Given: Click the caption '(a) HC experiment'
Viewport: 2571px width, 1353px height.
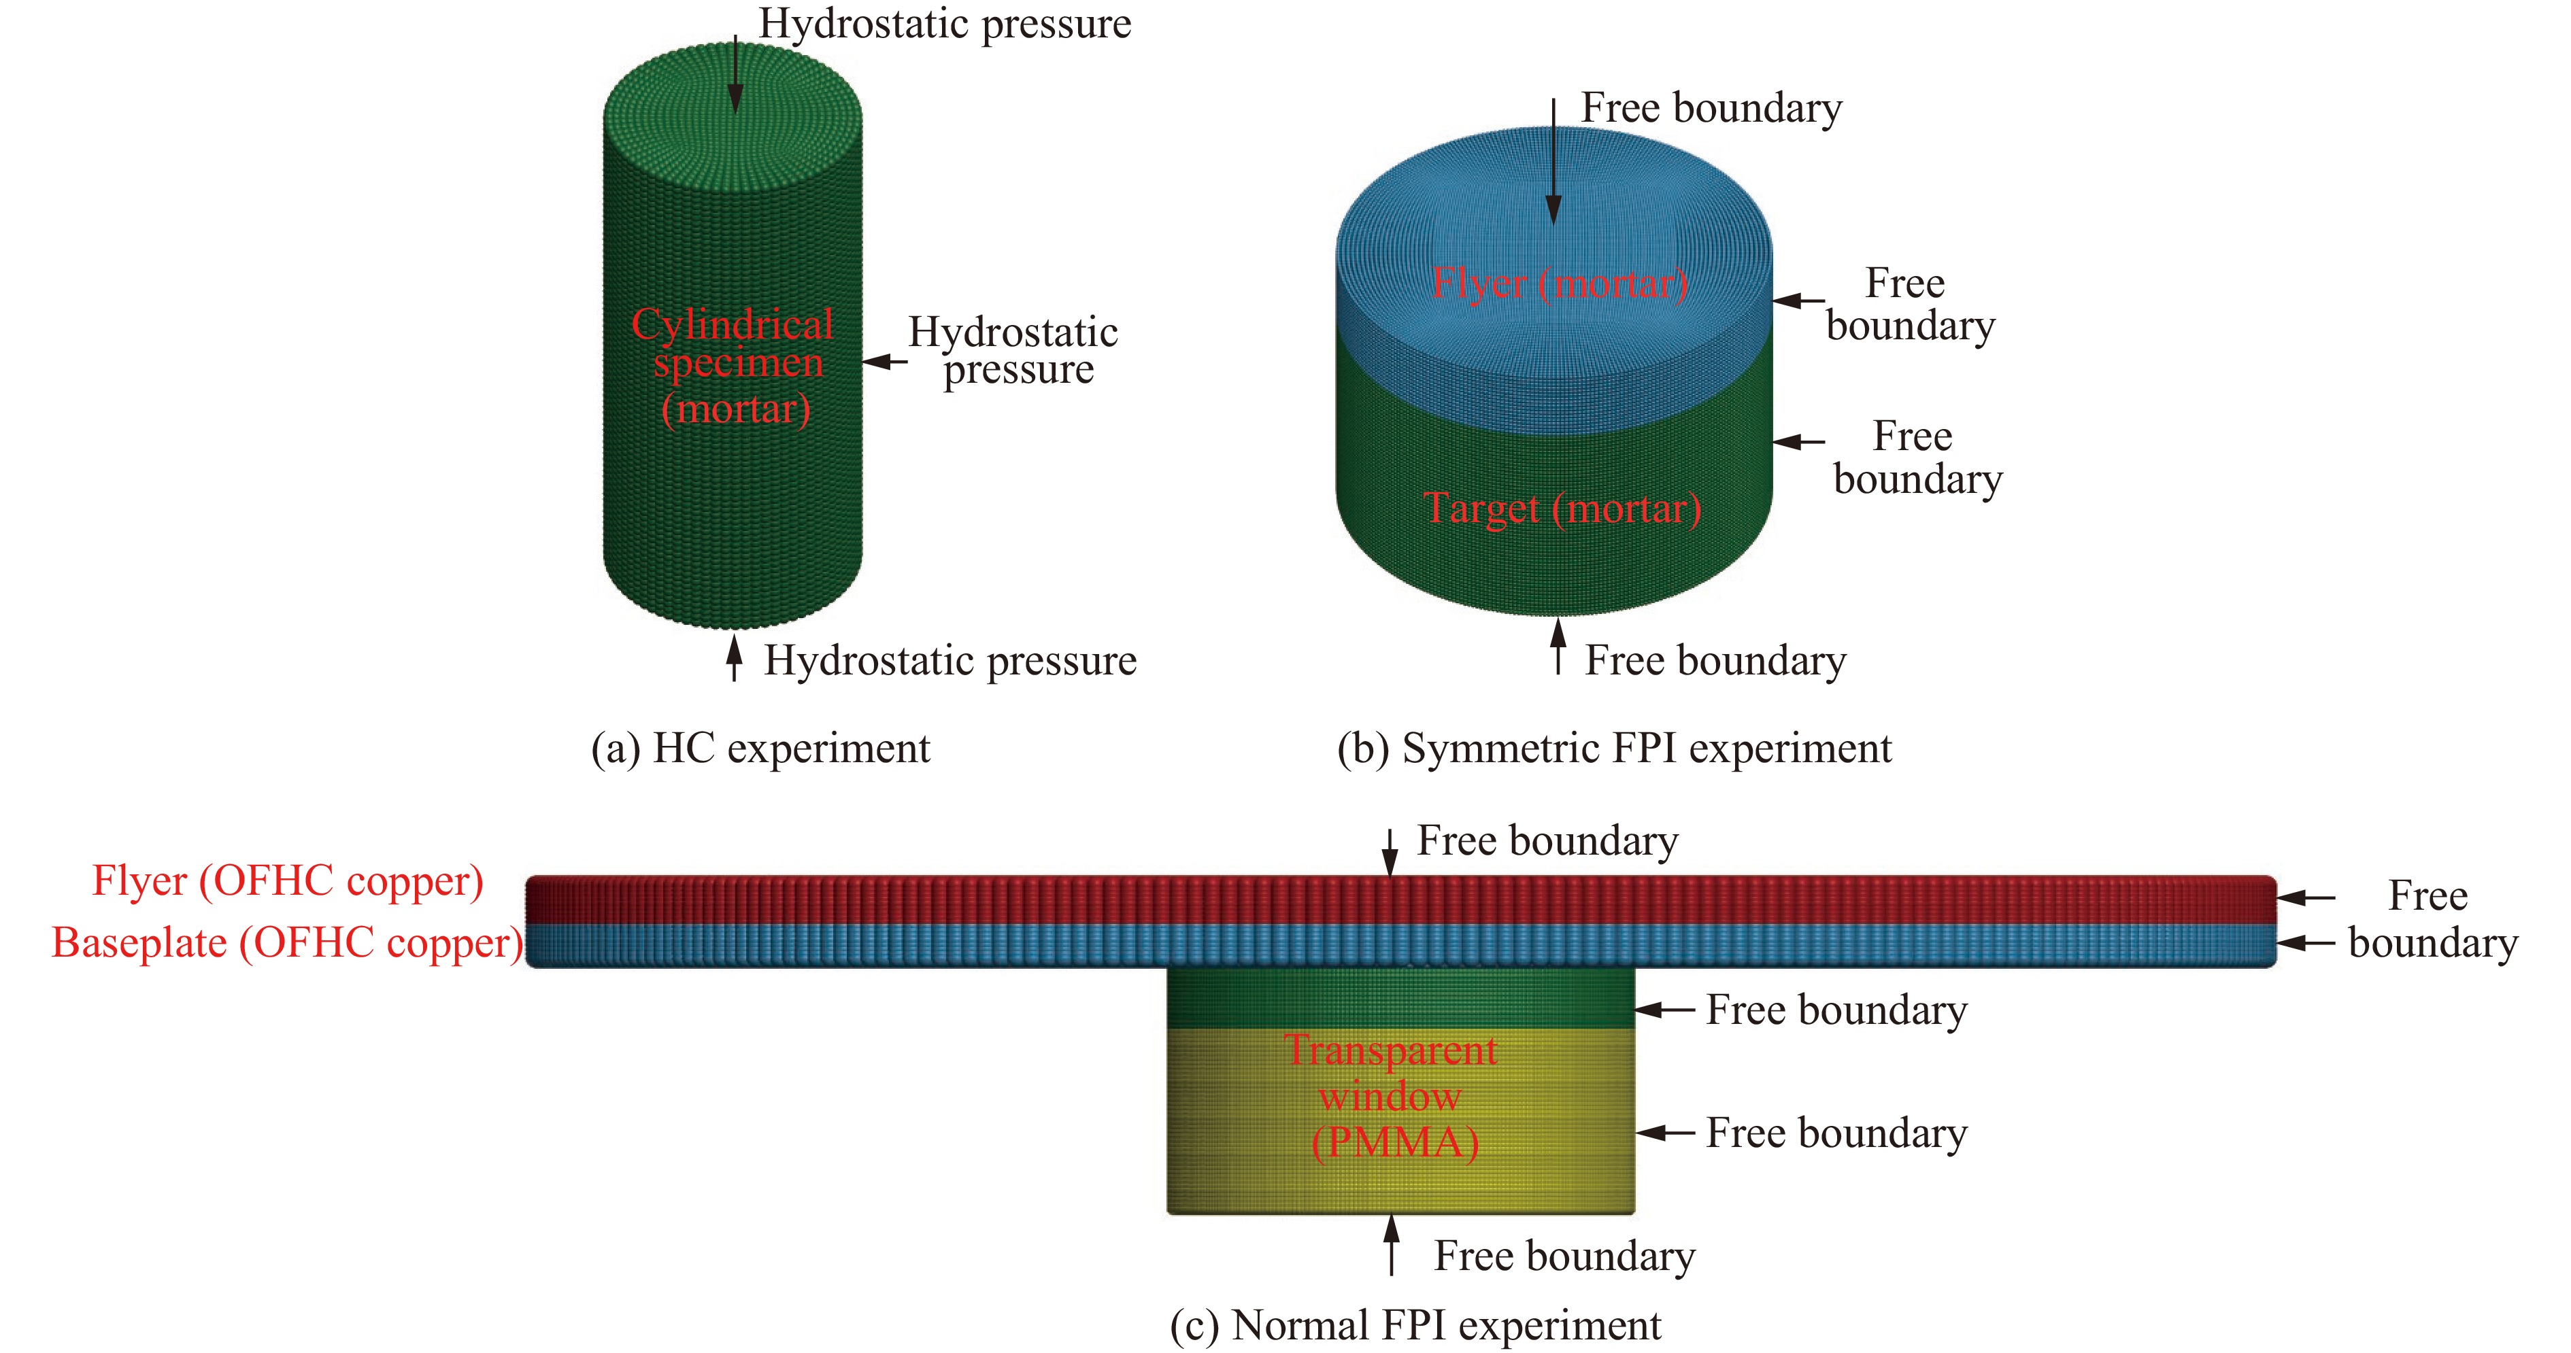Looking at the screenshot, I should (x=760, y=749).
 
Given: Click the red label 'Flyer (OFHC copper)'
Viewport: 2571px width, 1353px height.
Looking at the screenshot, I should (x=288, y=881).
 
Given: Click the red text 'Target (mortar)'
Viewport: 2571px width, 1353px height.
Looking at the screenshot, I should (x=1562, y=509).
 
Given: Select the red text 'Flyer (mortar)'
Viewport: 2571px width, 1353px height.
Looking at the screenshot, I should (x=1560, y=284).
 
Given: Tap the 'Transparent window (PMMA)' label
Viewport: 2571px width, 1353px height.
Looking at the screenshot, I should (x=1393, y=1095).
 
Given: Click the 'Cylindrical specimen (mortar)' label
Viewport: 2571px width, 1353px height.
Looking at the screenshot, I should (x=735, y=366).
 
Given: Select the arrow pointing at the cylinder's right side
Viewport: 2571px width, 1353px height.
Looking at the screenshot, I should (x=884, y=361).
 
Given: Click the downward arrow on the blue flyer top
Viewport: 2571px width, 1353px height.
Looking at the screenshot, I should (x=1553, y=160).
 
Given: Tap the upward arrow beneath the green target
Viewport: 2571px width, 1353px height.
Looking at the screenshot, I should (x=1558, y=647).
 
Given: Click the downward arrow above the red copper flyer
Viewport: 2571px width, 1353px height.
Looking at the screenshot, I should (x=1390, y=853).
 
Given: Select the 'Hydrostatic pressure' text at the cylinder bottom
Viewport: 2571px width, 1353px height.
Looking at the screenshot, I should (x=950, y=661).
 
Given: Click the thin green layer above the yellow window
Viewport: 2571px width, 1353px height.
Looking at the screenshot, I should (x=1400, y=998).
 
